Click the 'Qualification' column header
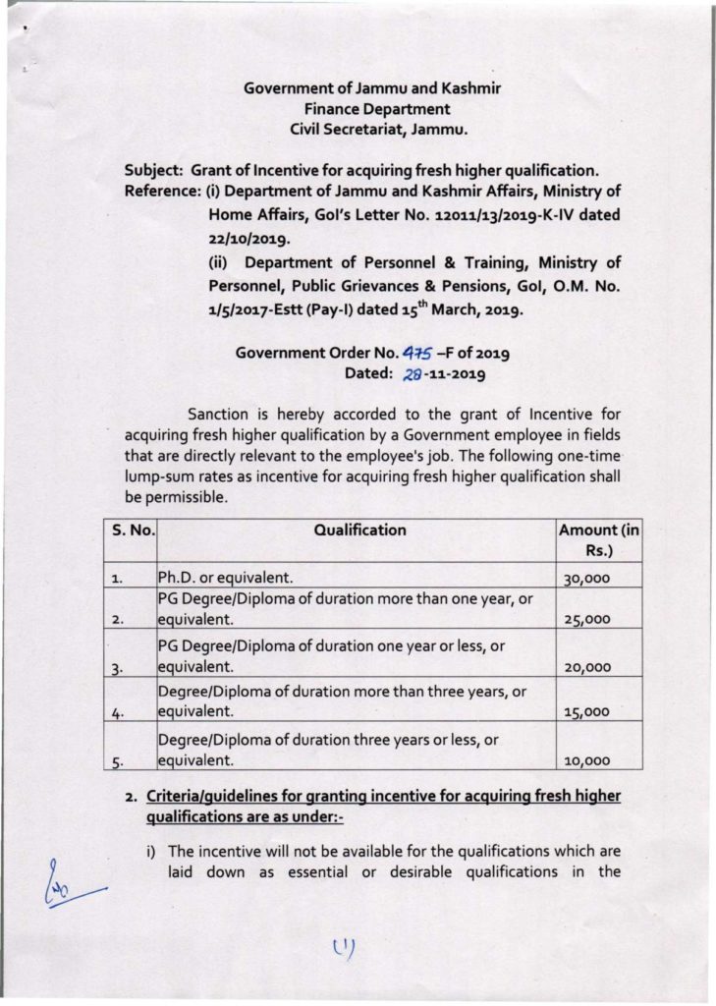pos(359,531)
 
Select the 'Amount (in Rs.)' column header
pos(598,540)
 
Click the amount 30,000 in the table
pos(587,580)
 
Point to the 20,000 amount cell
pos(587,667)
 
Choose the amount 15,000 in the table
pos(587,712)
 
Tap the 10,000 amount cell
pos(587,759)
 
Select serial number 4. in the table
pos(117,713)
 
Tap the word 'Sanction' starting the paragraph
pos(220,415)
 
